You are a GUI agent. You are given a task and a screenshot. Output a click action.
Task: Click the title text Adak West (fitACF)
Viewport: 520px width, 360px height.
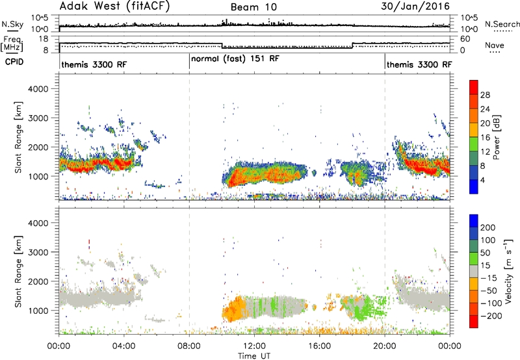114,6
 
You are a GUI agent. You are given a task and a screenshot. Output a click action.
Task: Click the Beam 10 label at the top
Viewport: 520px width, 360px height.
253,7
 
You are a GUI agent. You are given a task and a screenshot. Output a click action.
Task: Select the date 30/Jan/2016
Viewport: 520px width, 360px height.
415,6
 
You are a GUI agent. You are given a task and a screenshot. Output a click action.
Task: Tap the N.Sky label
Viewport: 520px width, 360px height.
12,24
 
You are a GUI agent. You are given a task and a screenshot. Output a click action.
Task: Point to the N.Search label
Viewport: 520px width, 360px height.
502,24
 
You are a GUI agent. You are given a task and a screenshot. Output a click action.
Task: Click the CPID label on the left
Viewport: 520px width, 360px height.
14,62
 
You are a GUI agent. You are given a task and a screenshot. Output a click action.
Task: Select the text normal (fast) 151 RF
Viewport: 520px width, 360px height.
235,58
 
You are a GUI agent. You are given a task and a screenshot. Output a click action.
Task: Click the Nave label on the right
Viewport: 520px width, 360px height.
494,45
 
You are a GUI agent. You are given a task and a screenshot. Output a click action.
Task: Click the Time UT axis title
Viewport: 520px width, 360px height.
254,355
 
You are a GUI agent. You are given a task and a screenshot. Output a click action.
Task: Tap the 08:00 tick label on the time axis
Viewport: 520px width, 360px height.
189,346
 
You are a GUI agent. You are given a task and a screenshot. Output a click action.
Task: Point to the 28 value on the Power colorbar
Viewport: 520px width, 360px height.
485,95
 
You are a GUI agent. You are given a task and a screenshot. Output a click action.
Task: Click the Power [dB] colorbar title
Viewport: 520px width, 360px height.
496,137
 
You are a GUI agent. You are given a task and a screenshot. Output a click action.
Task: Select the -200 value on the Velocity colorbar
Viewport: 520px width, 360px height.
491,316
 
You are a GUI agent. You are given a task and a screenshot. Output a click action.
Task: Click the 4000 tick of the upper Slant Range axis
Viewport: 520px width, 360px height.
38,89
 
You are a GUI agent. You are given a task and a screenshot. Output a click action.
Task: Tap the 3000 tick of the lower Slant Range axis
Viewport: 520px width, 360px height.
38,252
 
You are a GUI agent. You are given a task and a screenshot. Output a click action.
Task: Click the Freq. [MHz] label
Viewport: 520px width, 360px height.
12,44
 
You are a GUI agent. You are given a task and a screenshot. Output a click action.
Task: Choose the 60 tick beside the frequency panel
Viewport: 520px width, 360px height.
465,39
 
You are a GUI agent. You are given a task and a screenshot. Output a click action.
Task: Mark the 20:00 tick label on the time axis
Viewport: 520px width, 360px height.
385,346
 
